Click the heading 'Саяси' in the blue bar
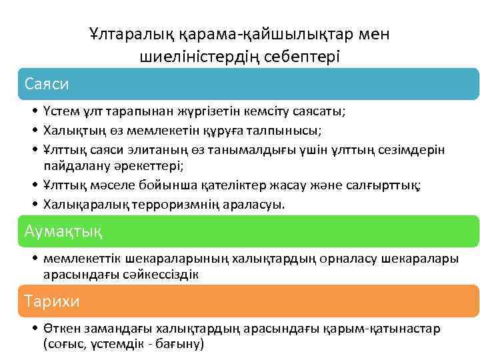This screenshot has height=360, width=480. click(x=47, y=84)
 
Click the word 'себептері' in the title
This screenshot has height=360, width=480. click(x=306, y=56)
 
